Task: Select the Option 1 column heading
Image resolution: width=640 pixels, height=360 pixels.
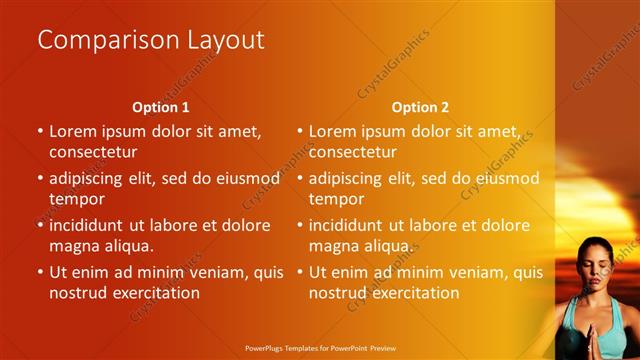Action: tap(161, 107)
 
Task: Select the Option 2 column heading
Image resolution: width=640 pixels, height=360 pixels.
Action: tap(420, 107)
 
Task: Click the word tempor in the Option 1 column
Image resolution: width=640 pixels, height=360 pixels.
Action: tap(75, 199)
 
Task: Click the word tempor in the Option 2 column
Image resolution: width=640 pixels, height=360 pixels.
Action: tap(335, 199)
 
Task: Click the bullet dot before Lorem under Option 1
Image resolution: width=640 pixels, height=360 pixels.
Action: tap(40, 131)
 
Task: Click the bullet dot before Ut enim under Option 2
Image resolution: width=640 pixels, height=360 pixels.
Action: tap(299, 272)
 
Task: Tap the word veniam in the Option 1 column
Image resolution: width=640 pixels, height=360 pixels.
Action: tap(223, 271)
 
